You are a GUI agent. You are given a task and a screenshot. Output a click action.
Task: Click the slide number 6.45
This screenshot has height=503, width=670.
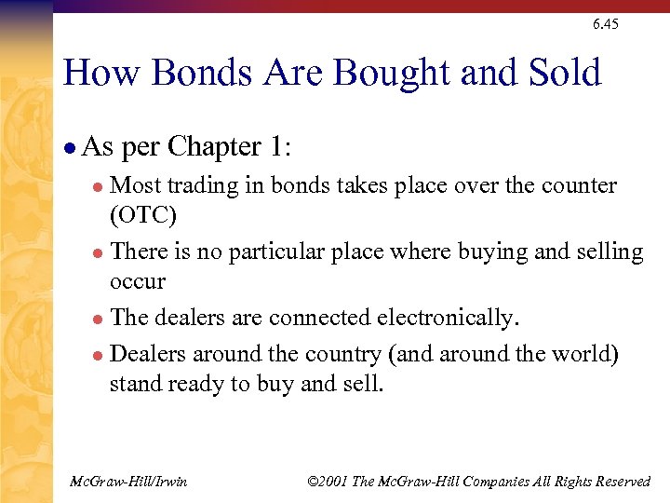pos(605,24)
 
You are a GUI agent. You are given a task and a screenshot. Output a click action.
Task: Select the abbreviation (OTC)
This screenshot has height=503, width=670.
pos(142,215)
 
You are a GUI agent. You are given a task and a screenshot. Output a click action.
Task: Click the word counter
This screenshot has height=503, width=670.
pos(576,185)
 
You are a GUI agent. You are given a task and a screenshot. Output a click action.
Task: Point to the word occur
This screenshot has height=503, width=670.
pos(137,281)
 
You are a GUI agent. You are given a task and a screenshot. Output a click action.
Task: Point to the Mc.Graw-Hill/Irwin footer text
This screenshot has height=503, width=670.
pos(128,482)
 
